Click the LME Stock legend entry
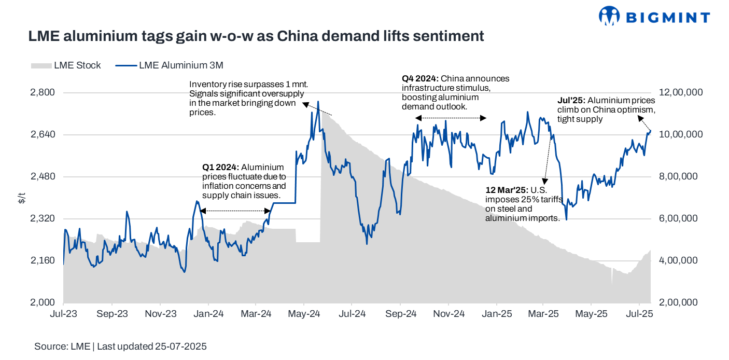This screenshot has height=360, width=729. point(66,65)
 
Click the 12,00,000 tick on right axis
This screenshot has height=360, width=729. point(680,92)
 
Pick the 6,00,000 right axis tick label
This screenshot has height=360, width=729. point(680,218)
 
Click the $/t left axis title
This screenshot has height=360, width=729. point(21,197)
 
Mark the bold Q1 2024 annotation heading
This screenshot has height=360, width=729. point(220,168)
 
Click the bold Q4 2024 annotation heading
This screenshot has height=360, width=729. point(420,79)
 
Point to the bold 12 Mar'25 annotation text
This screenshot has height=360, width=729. point(505,190)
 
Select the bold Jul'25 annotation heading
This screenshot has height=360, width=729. point(571,101)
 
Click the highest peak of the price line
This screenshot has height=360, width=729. point(318,102)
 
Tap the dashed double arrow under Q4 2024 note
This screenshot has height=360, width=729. point(451,118)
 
